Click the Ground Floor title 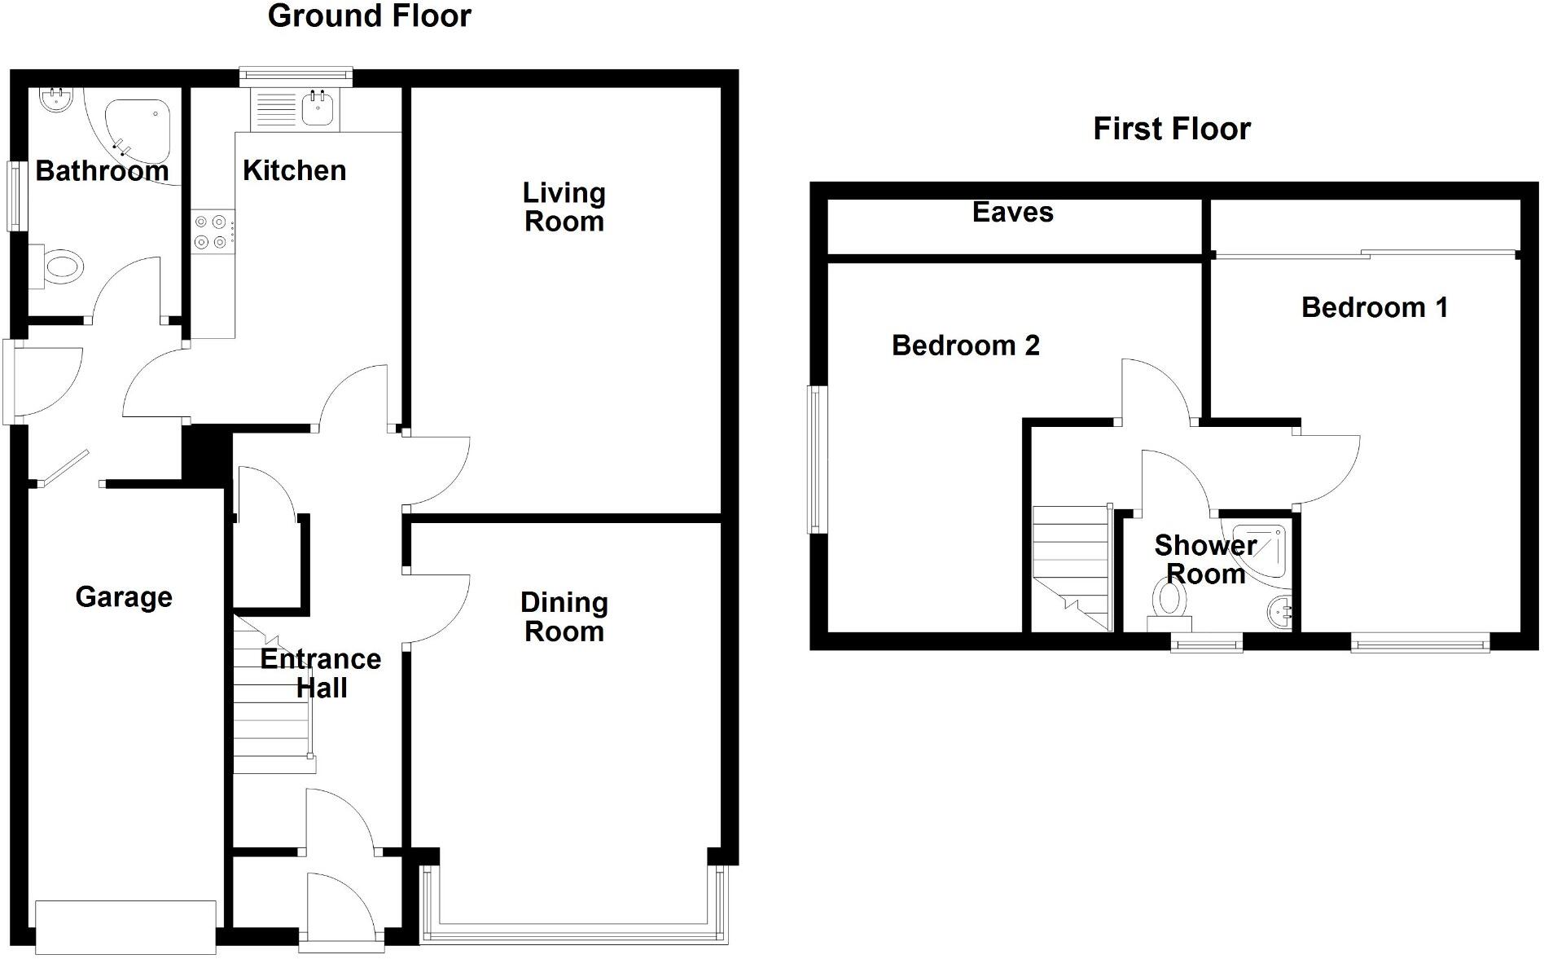369,16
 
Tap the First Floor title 1171,129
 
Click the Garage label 124,597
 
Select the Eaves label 1012,213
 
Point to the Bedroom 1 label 1374,307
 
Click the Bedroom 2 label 965,345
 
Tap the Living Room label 564,207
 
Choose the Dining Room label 564,617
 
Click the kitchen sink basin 318,108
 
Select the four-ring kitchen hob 213,231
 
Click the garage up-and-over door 125,926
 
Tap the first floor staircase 1072,567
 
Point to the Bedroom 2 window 817,460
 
